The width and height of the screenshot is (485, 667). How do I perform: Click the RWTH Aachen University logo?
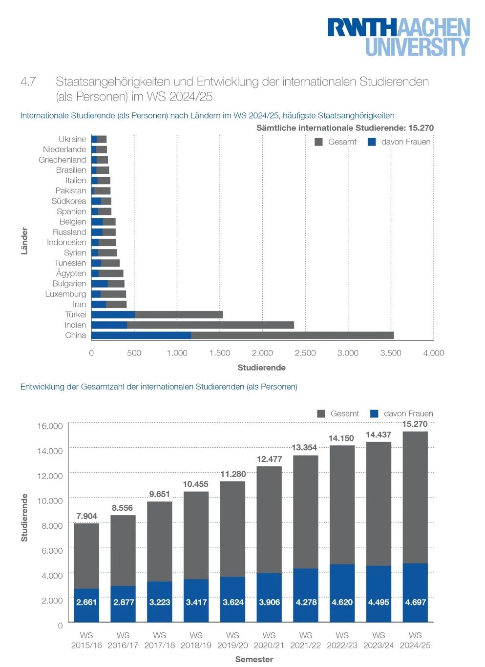(399, 37)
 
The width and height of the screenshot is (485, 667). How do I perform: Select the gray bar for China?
(292, 335)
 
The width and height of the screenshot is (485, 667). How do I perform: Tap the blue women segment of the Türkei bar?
(113, 315)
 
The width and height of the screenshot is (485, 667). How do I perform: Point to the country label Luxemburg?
(65, 294)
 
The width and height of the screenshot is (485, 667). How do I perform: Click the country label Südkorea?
(69, 201)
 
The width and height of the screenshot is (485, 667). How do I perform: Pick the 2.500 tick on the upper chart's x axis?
(305, 353)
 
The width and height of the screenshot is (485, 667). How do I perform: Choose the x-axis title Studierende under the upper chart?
(262, 368)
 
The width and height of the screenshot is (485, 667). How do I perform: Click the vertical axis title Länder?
(24, 241)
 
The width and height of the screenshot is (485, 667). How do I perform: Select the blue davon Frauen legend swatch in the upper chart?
(372, 142)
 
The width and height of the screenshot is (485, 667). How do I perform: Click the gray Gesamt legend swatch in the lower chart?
(321, 414)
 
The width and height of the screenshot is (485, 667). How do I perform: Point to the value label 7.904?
(86, 516)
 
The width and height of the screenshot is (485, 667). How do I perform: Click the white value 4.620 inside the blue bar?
(342, 602)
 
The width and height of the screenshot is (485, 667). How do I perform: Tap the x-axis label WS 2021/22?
(306, 640)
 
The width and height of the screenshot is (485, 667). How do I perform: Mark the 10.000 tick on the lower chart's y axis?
(50, 501)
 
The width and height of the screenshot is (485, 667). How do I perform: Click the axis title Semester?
(254, 659)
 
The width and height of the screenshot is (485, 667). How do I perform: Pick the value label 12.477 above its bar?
(270, 459)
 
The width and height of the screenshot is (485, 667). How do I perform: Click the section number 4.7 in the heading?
(28, 82)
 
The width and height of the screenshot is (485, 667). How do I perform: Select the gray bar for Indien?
(211, 325)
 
